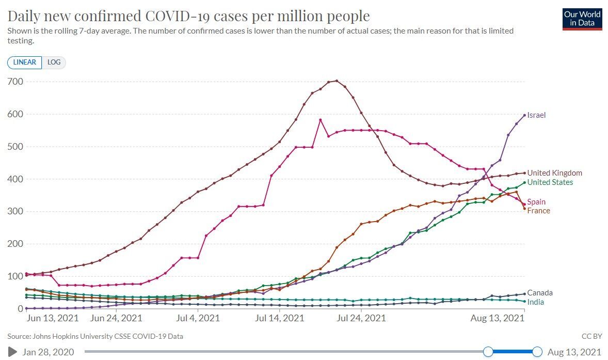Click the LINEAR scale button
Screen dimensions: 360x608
pos(24,62)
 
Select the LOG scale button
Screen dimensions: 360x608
pos(54,62)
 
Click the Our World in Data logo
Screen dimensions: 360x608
pos(582,19)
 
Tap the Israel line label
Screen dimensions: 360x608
pos(536,115)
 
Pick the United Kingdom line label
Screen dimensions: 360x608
pos(554,173)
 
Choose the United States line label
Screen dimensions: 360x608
pos(550,182)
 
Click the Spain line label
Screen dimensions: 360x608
pos(536,202)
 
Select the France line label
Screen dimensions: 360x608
pos(538,211)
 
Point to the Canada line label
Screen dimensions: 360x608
pos(539,293)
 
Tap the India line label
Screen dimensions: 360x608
pos(535,302)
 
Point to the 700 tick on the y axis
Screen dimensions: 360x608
pos(15,82)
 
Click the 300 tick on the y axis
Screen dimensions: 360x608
pos(15,211)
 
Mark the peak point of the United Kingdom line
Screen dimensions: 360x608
pos(337,81)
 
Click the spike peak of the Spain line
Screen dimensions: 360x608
pos(320,120)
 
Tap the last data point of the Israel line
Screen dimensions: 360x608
pos(524,115)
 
